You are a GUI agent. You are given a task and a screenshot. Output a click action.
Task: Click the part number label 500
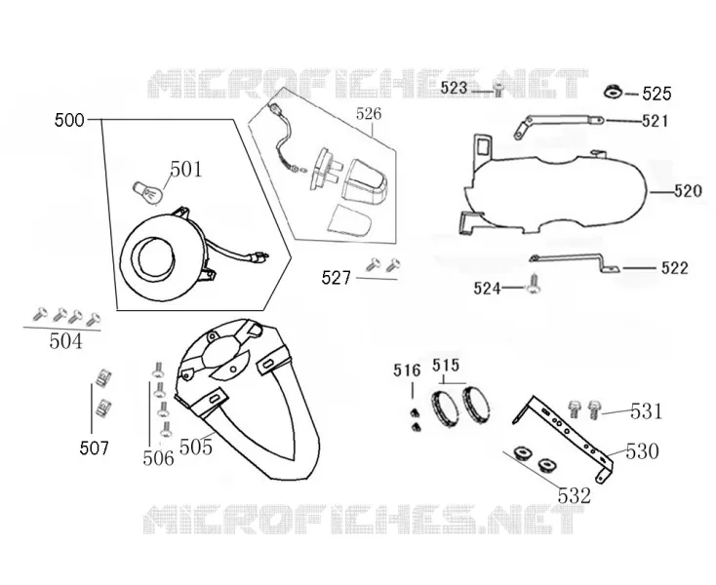[x=69, y=121]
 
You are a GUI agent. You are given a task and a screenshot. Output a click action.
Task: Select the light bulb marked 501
[x=147, y=194]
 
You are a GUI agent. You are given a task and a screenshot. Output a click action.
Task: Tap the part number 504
[x=66, y=341]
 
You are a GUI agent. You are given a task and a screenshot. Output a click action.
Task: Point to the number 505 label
[x=196, y=448]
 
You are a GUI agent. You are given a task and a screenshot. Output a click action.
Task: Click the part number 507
[x=94, y=448]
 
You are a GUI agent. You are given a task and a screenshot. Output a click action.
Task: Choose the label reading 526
[x=369, y=114]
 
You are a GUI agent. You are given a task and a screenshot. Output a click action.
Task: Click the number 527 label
[x=337, y=278]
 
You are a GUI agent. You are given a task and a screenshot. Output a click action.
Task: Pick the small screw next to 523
[x=498, y=90]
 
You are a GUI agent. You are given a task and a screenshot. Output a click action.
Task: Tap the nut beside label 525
[x=613, y=92]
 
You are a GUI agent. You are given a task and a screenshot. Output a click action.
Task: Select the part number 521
[x=655, y=121]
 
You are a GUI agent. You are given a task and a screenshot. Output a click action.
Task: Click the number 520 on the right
[x=688, y=191]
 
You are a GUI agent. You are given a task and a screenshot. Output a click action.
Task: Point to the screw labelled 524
[x=534, y=284]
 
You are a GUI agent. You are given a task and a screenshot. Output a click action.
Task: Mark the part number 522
[x=674, y=268]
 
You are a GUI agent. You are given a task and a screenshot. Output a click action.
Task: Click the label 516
[x=407, y=370]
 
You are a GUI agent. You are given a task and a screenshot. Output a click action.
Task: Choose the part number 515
[x=446, y=365]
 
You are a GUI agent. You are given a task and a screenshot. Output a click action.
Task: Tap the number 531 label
[x=646, y=411]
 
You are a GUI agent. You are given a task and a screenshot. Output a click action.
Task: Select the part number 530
[x=642, y=451]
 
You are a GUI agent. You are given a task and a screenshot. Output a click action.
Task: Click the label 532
[x=574, y=495]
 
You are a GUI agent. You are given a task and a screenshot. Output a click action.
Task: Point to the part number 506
[x=158, y=458]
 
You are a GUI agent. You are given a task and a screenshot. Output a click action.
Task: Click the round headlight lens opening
[x=156, y=255]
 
